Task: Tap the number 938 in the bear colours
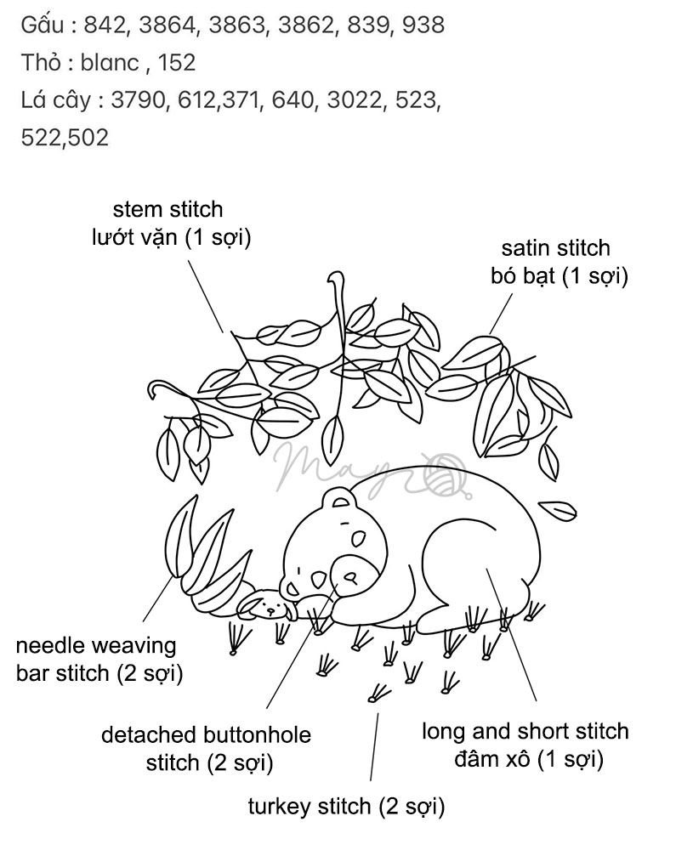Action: [x=421, y=25]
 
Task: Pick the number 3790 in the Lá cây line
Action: [x=136, y=99]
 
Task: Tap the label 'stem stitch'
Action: [x=168, y=209]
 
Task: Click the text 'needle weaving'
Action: [x=96, y=646]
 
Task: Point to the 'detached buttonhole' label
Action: [x=206, y=734]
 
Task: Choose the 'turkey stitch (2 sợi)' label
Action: [x=346, y=806]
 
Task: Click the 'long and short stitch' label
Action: [x=525, y=731]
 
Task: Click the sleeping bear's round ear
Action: [x=339, y=501]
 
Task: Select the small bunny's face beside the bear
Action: [x=270, y=607]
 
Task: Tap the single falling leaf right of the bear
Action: [x=559, y=510]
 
